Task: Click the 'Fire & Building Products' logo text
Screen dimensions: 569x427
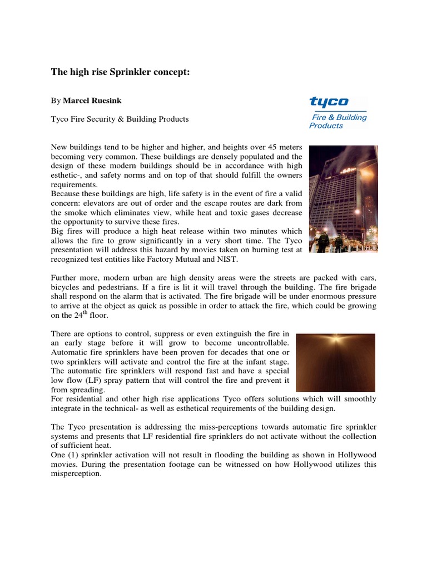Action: coord(337,121)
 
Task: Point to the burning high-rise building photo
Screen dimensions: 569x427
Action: coord(343,199)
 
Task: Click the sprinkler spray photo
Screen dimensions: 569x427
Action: coord(335,362)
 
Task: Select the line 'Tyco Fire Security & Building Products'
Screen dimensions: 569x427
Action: coord(120,119)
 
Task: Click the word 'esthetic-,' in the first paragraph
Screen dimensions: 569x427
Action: coord(68,176)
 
